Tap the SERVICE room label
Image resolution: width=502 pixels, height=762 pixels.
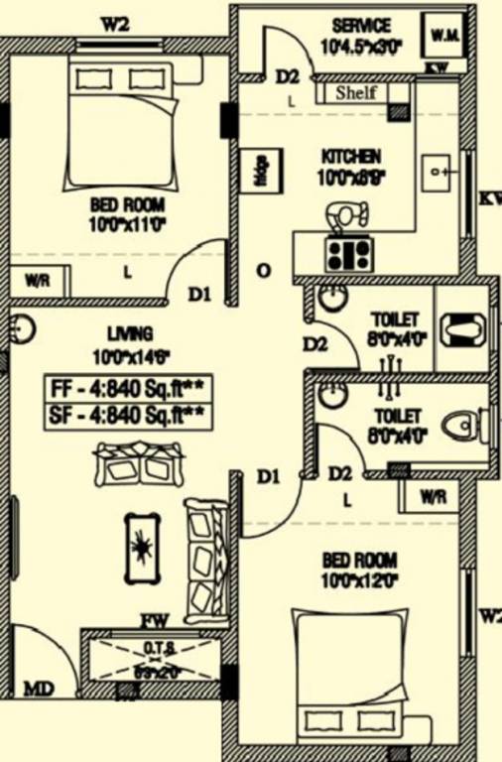[x=361, y=26]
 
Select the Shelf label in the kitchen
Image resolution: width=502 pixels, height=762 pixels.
[x=354, y=93]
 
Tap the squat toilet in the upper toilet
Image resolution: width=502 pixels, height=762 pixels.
[x=462, y=327]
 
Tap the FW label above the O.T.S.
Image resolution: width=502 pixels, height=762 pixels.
[x=154, y=621]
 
